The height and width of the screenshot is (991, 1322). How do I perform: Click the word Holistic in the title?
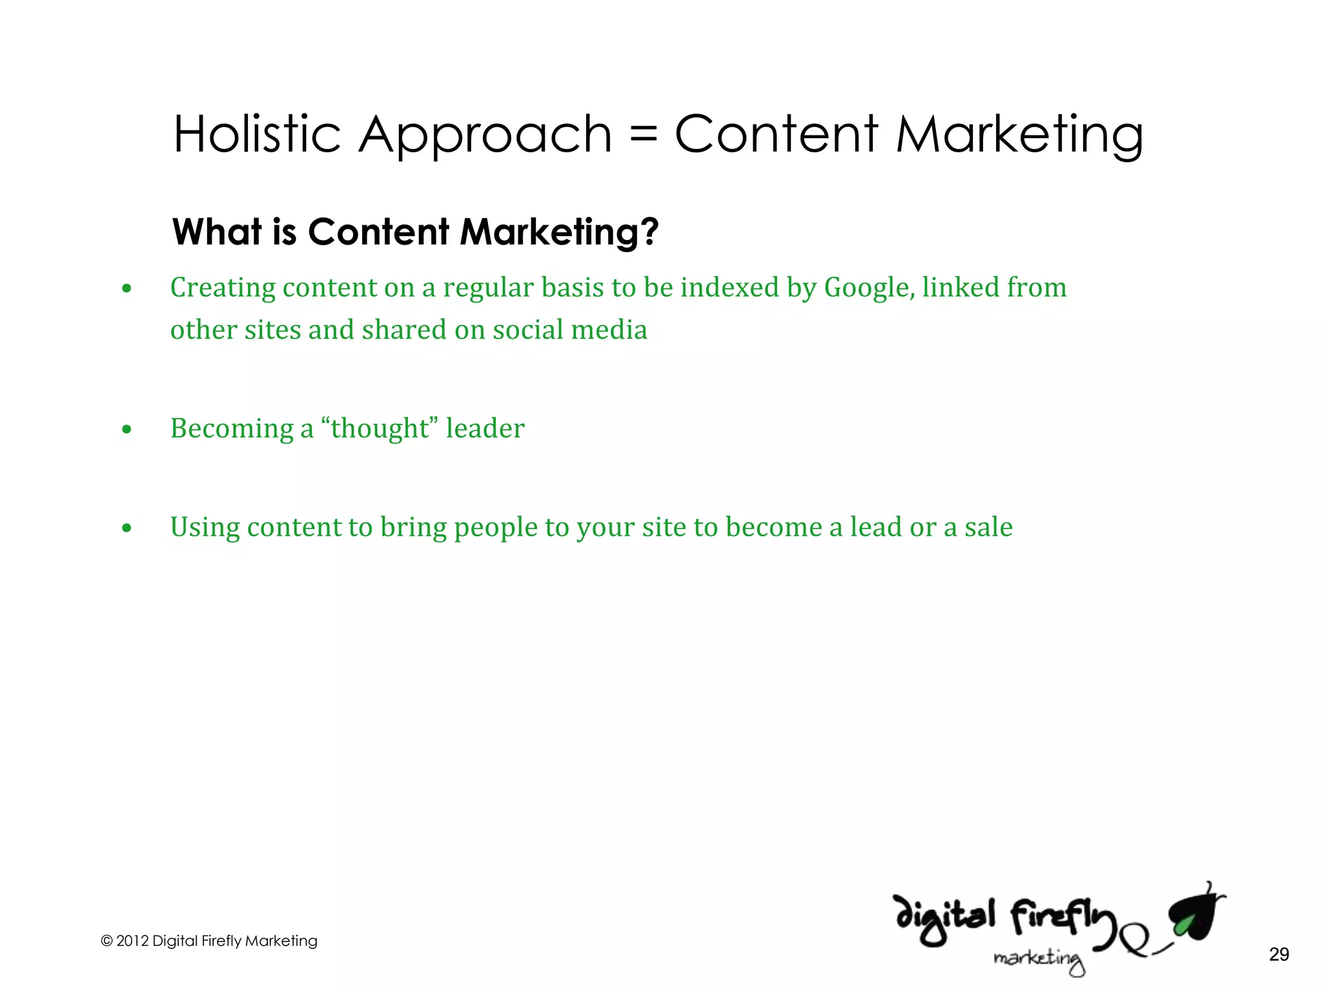pyautogui.click(x=257, y=134)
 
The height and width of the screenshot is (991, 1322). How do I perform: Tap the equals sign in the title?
pyautogui.click(x=643, y=135)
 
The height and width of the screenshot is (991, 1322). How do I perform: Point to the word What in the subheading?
pyautogui.click(x=217, y=232)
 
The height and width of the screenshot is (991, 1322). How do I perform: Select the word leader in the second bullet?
pyautogui.click(x=485, y=428)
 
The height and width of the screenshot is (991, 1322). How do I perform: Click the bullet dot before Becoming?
pyautogui.click(x=127, y=429)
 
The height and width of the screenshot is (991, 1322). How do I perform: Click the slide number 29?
pyautogui.click(x=1279, y=954)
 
